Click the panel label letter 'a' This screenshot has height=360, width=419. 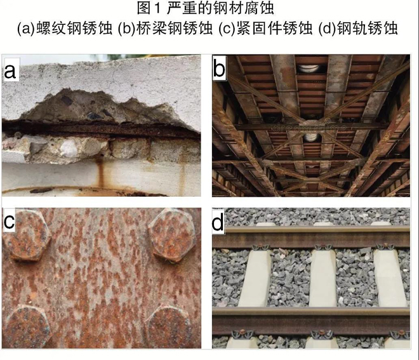(10, 71)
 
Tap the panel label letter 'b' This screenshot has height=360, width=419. (220, 69)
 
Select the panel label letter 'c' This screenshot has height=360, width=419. (10, 222)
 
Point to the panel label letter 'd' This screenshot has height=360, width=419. (218, 222)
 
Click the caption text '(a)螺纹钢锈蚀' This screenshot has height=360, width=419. (65, 28)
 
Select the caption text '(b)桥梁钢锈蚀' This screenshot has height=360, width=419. (166, 28)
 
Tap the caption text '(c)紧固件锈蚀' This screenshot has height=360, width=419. (265, 28)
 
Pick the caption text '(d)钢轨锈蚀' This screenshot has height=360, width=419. (358, 28)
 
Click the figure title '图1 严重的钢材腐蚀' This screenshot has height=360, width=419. (205, 8)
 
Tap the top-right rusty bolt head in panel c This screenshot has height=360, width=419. (171, 235)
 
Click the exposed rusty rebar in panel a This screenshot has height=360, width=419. (102, 130)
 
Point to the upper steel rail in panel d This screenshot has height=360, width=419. (311, 237)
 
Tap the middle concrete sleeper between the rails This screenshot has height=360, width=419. (323, 279)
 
